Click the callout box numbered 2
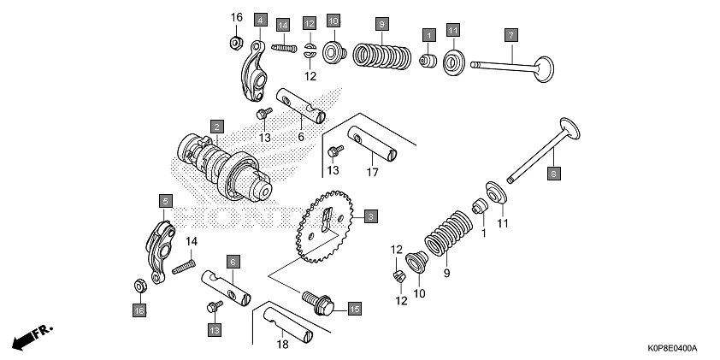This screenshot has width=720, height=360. click(x=217, y=127)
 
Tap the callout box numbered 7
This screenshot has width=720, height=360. click(x=510, y=35)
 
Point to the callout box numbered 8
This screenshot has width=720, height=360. click(x=552, y=173)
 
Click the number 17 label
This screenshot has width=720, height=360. click(x=373, y=172)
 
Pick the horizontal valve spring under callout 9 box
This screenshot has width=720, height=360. click(x=382, y=56)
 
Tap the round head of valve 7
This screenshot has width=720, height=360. click(x=545, y=68)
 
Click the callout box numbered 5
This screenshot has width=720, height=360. click(x=165, y=201)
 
